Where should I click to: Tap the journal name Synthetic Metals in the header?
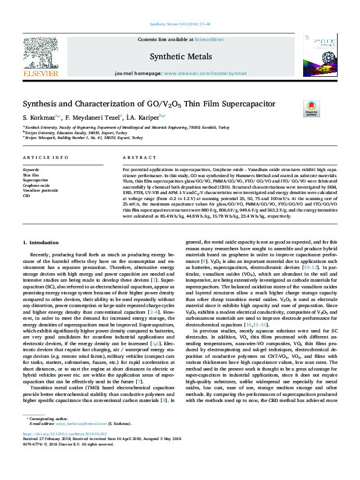click(180, 56)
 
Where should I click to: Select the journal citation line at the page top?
click(180, 24)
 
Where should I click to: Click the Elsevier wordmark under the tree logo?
click(41, 74)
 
